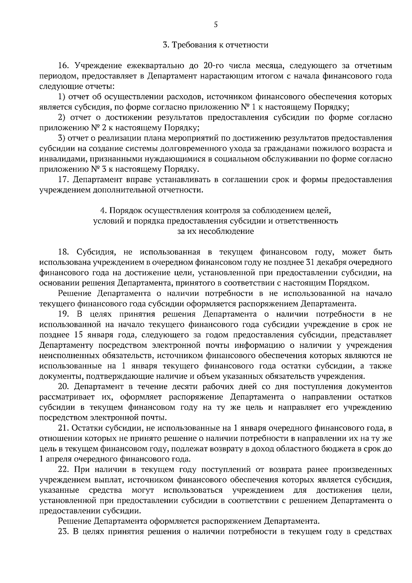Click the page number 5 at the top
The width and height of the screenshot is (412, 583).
click(216, 24)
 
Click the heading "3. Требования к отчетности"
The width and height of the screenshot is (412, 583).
click(215, 45)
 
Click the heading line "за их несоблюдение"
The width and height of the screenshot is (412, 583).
click(216, 231)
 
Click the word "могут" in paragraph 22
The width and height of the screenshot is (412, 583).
click(142, 490)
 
